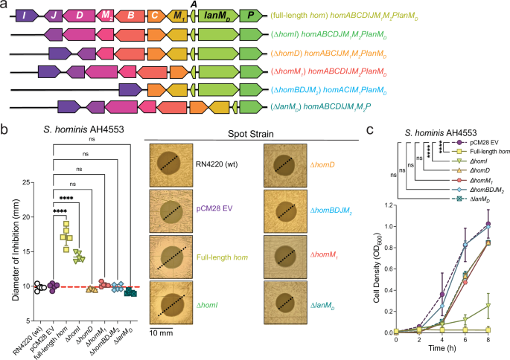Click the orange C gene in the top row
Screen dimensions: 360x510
154,14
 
